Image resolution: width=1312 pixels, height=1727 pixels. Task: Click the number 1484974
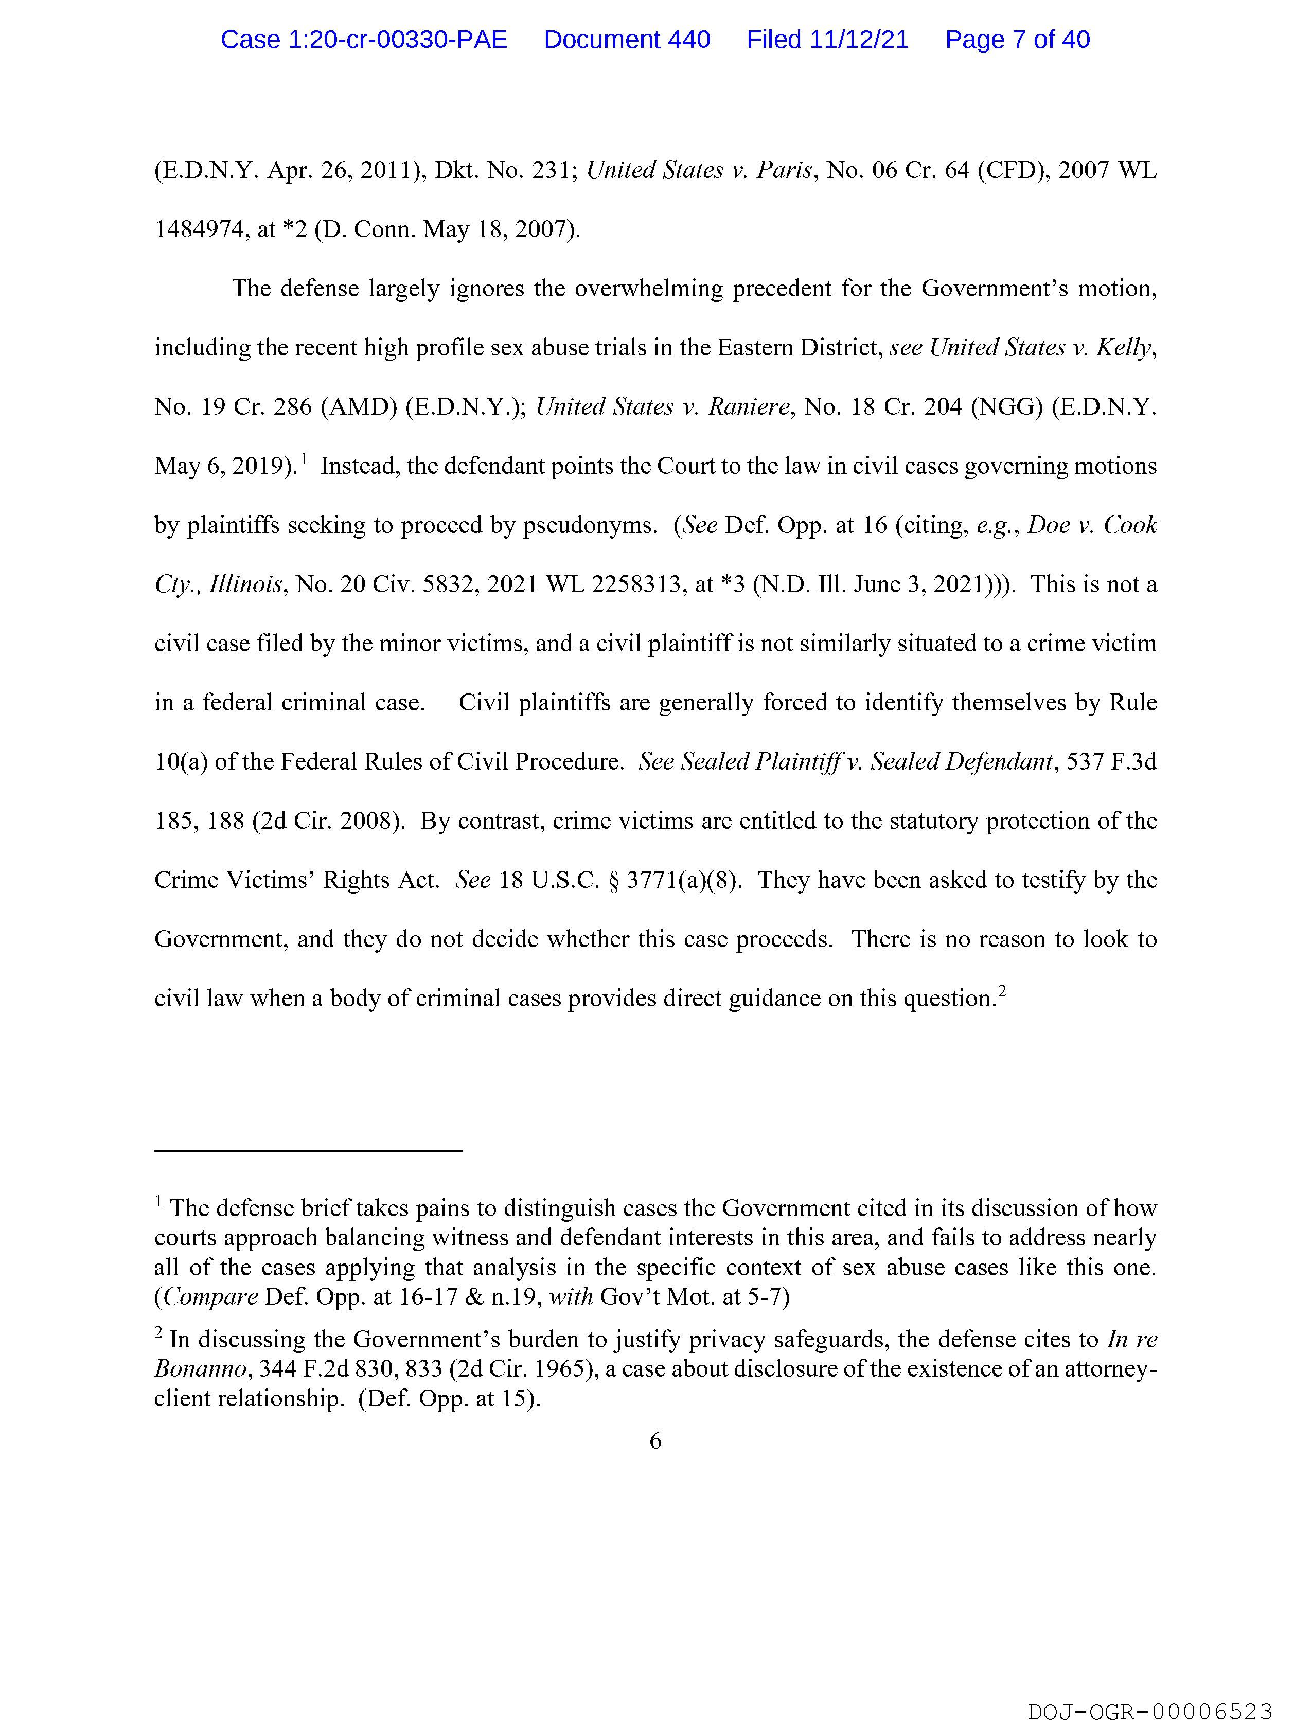[x=202, y=229]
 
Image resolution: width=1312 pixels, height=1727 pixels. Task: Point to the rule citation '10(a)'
[x=181, y=762]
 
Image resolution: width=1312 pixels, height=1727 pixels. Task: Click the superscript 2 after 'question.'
[x=1002, y=991]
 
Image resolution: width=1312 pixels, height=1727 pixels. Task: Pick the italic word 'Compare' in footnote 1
[x=211, y=1297]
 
